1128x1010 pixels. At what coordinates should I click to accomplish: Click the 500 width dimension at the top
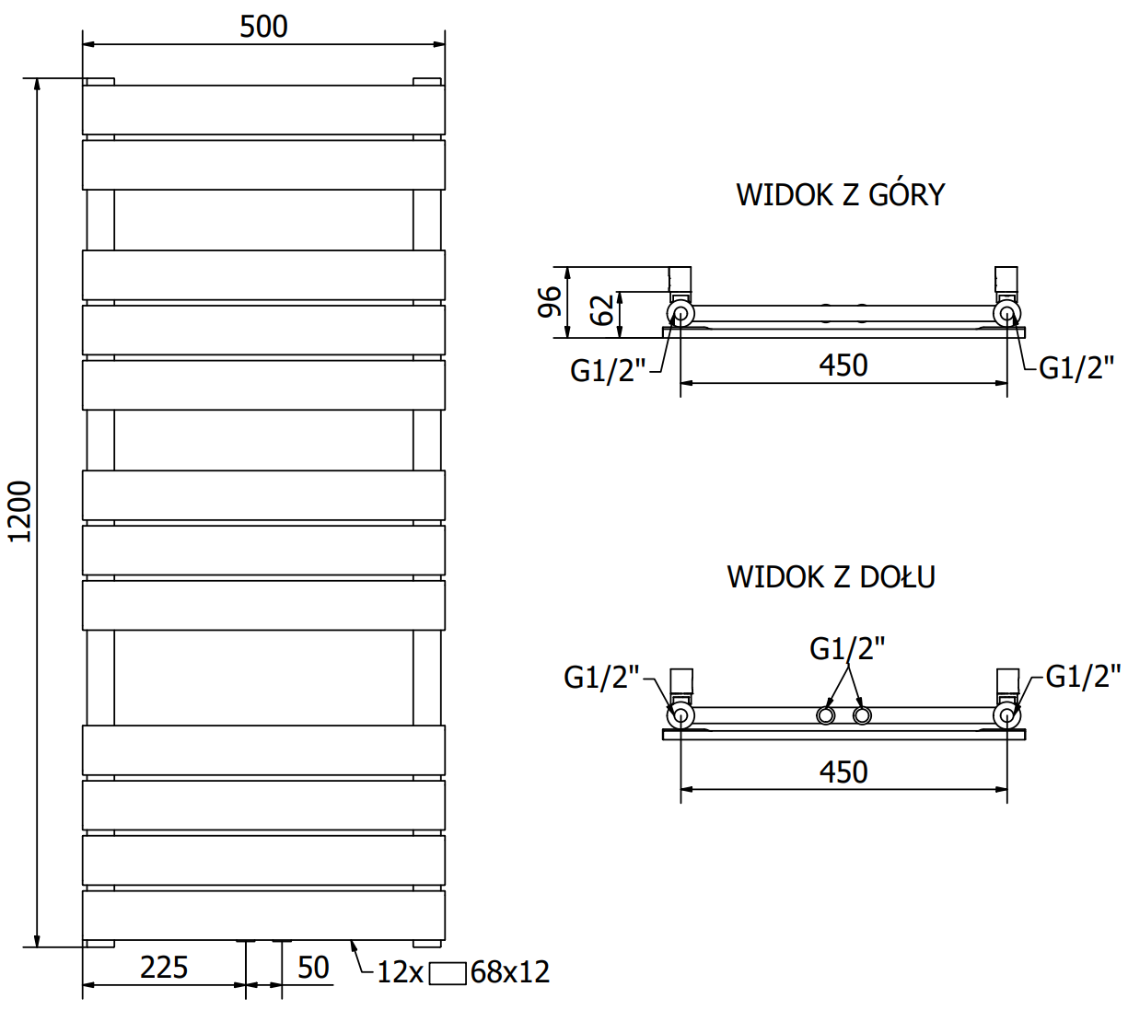pyautogui.click(x=263, y=27)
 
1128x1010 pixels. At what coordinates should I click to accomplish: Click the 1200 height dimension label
pyautogui.click(x=19, y=511)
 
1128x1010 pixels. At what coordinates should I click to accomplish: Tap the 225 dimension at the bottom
pyautogui.click(x=164, y=967)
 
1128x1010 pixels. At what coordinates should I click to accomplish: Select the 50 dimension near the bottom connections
pyautogui.click(x=313, y=967)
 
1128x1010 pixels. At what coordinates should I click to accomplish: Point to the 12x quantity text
pyautogui.click(x=400, y=972)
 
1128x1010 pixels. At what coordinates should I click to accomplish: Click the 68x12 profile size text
pyautogui.click(x=510, y=972)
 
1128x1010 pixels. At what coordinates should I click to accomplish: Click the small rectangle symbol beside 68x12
pyautogui.click(x=448, y=973)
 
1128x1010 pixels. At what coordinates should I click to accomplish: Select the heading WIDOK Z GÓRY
pyautogui.click(x=840, y=195)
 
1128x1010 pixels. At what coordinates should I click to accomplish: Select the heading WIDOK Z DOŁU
pyautogui.click(x=831, y=577)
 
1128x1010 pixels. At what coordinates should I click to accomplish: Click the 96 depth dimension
pyautogui.click(x=549, y=302)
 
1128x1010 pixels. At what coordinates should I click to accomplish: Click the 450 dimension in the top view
pyautogui.click(x=843, y=366)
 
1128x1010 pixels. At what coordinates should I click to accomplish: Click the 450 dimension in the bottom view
pyautogui.click(x=843, y=772)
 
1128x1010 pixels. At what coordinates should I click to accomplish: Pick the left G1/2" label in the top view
pyautogui.click(x=608, y=370)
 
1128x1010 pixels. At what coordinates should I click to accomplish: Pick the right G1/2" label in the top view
pyautogui.click(x=1076, y=368)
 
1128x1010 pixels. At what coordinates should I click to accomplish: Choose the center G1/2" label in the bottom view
pyautogui.click(x=847, y=649)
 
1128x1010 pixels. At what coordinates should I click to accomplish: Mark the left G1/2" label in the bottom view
pyautogui.click(x=601, y=678)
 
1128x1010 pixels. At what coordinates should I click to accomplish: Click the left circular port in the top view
pyautogui.click(x=680, y=314)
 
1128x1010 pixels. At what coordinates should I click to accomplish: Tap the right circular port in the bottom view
pyautogui.click(x=1006, y=715)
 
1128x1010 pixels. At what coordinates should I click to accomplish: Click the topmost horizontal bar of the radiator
pyautogui.click(x=263, y=110)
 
